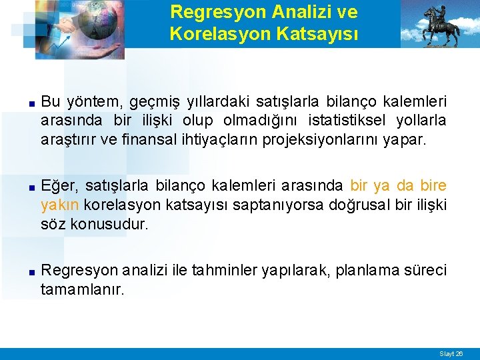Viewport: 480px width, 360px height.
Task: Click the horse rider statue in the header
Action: point(441,25)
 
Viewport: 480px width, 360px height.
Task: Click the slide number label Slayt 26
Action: point(451,353)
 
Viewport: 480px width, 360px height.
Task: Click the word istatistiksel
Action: point(339,121)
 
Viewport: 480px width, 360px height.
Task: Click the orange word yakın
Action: point(61,205)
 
